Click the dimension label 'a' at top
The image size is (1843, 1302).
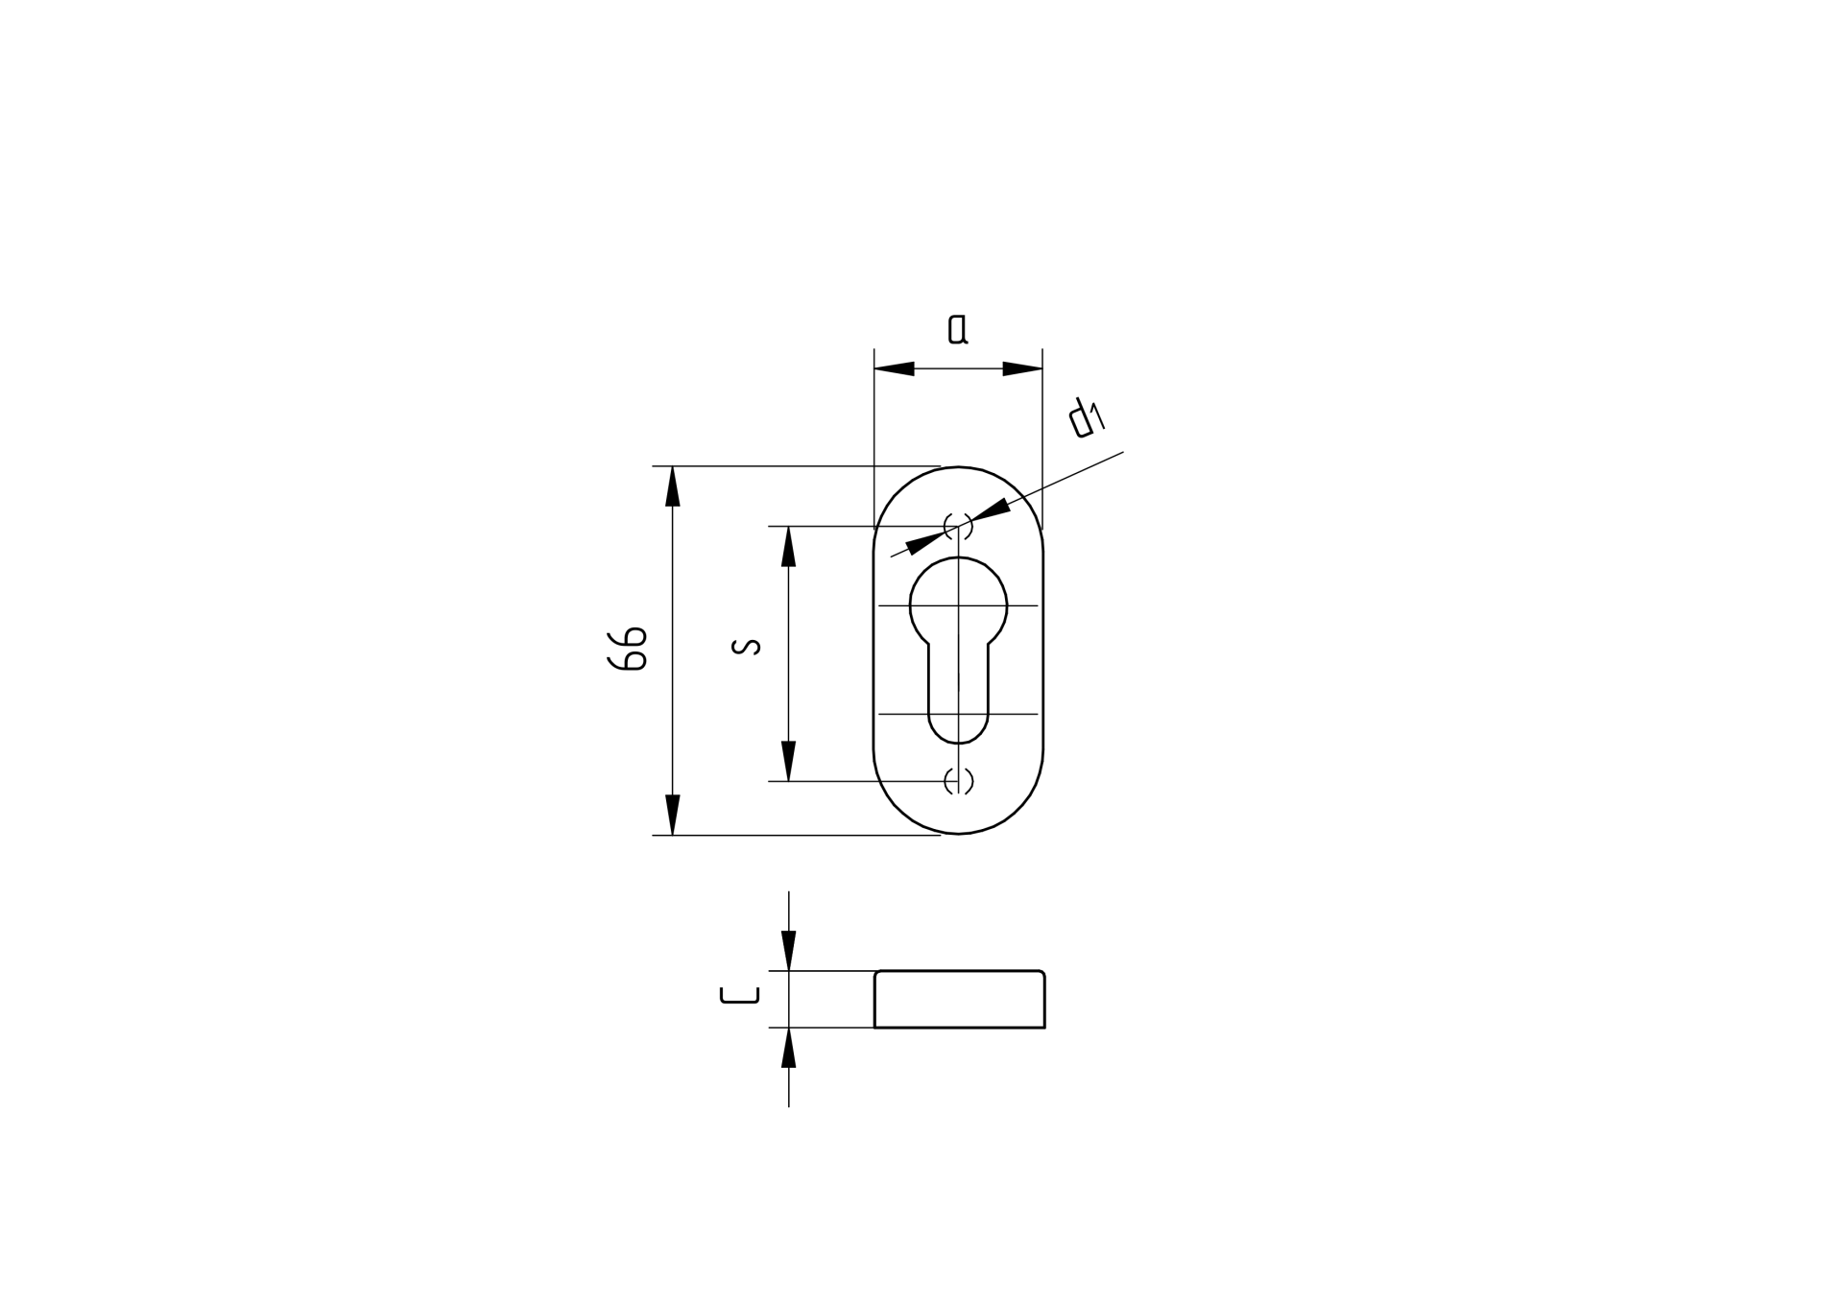coord(957,329)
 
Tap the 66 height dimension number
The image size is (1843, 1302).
coord(628,649)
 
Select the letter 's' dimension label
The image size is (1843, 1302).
coord(746,647)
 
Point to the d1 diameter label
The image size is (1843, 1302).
coord(1087,418)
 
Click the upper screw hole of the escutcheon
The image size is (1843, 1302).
coord(958,526)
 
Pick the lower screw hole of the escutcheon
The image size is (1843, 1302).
coord(958,781)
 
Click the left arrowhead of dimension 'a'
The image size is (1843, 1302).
coord(894,368)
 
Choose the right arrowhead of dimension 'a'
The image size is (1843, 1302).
coord(1023,368)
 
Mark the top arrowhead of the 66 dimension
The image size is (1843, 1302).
coord(673,486)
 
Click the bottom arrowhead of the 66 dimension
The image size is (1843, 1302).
coord(673,815)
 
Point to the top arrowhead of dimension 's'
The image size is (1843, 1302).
coord(789,546)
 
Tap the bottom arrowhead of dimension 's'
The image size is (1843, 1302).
coord(789,761)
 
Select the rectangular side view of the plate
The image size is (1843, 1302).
coord(959,1000)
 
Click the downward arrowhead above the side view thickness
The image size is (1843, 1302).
coord(789,951)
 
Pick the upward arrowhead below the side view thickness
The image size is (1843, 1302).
coord(789,1048)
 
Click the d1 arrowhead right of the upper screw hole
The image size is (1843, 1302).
coord(991,509)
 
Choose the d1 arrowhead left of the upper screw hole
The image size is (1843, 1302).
coord(923,542)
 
